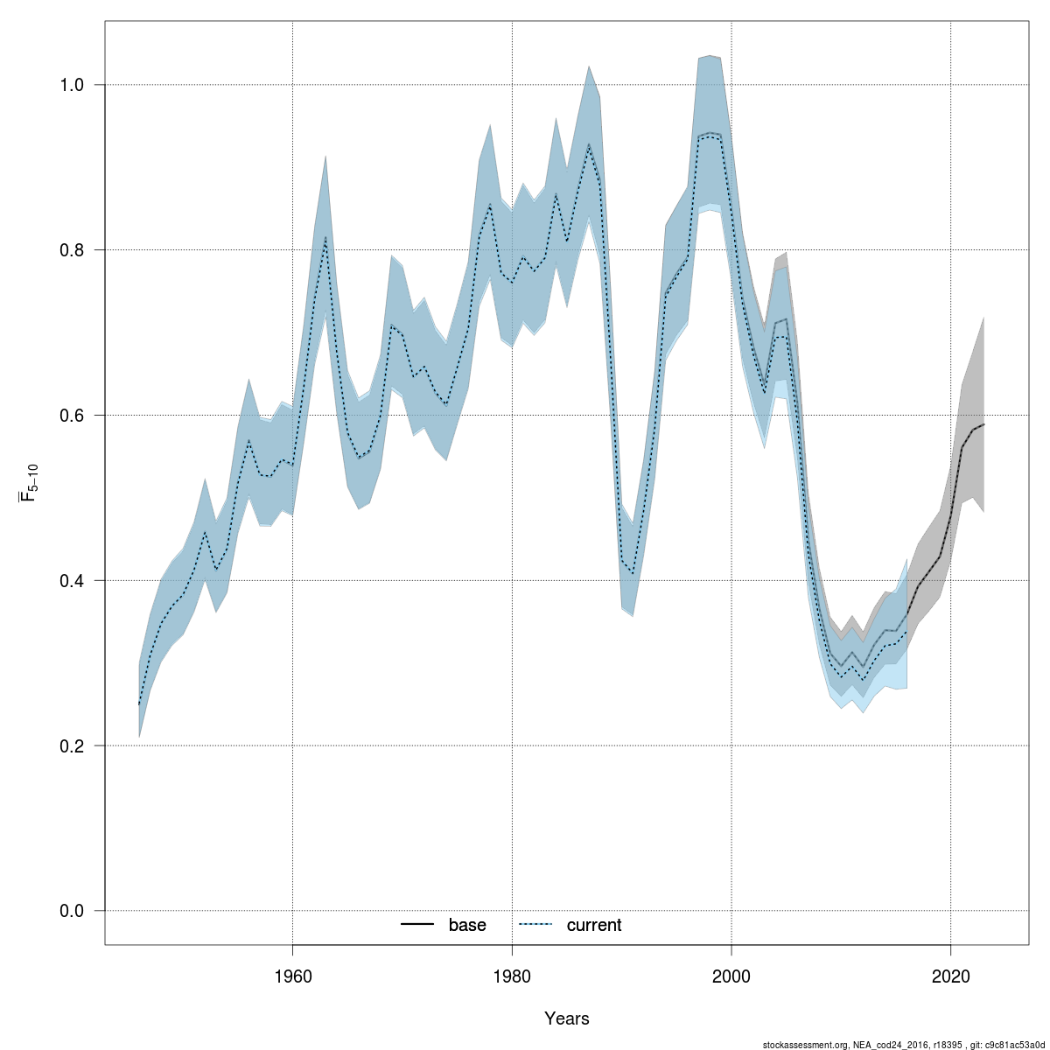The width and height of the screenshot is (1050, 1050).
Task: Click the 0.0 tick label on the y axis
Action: pos(70,911)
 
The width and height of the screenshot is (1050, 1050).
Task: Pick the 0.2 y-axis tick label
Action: pos(70,745)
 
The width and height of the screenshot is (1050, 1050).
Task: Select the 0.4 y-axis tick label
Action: pos(70,580)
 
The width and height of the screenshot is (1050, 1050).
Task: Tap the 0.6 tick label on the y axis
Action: pos(70,415)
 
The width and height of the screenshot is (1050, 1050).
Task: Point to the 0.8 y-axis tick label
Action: pos(70,250)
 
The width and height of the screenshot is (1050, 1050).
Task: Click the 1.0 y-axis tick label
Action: pos(70,85)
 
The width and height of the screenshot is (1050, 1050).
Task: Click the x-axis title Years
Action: pos(567,1018)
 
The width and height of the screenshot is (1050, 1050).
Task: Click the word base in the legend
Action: pos(467,925)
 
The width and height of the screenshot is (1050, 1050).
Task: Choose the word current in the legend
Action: pos(594,925)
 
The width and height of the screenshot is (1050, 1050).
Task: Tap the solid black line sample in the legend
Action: pos(418,925)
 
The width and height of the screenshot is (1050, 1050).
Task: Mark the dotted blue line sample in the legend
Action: pos(536,925)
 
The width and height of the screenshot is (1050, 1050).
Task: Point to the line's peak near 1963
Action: pos(325,237)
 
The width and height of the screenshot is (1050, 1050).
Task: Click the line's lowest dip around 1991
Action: pos(633,573)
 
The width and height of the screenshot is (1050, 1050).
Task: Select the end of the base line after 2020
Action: pos(984,424)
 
